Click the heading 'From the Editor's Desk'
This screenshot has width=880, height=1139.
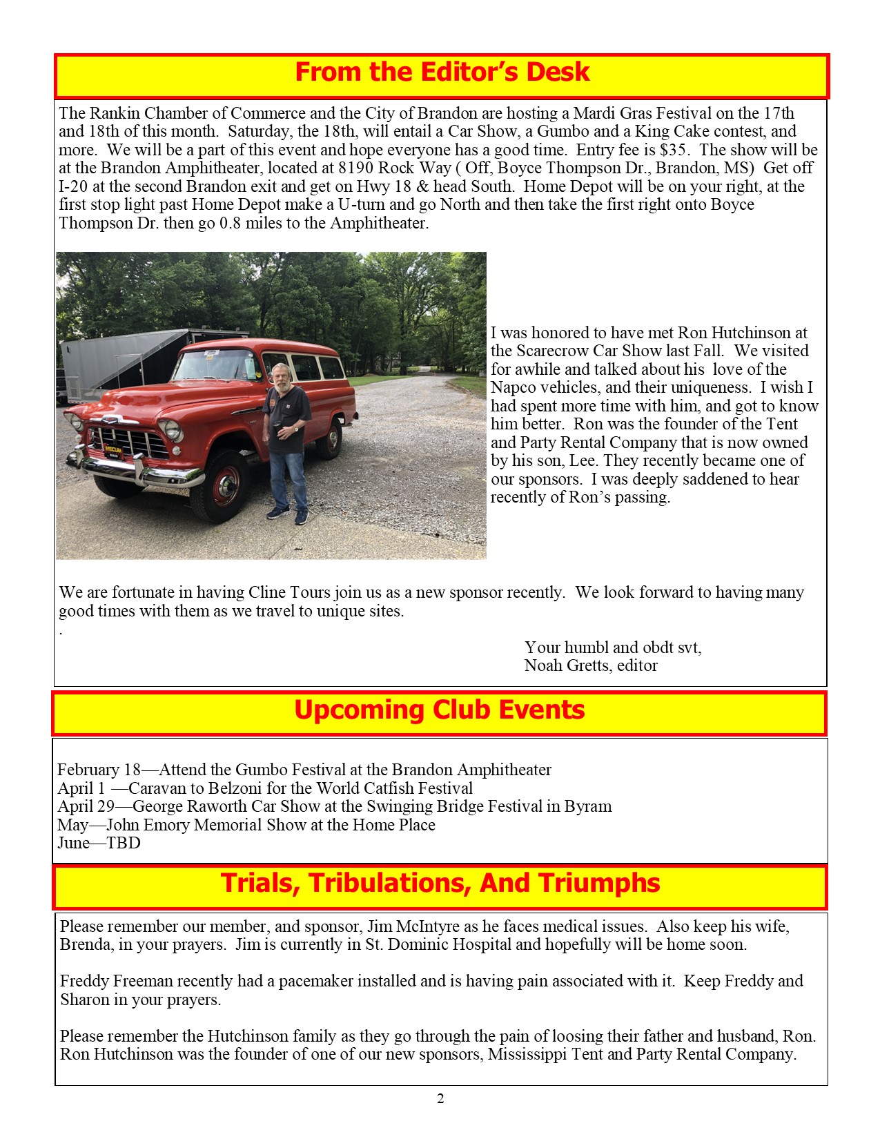point(442,72)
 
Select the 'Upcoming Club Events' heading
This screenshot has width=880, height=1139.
point(440,710)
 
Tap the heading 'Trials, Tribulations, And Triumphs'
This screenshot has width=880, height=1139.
point(440,884)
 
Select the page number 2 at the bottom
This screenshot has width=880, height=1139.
point(440,1099)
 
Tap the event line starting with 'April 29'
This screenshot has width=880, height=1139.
point(335,806)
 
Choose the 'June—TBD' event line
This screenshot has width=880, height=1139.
point(99,843)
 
